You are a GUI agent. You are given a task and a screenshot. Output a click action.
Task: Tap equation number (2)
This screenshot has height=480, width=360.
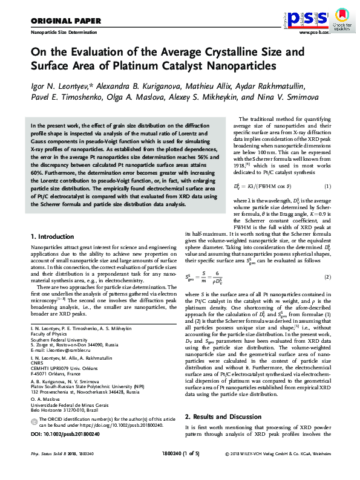[327, 243]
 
